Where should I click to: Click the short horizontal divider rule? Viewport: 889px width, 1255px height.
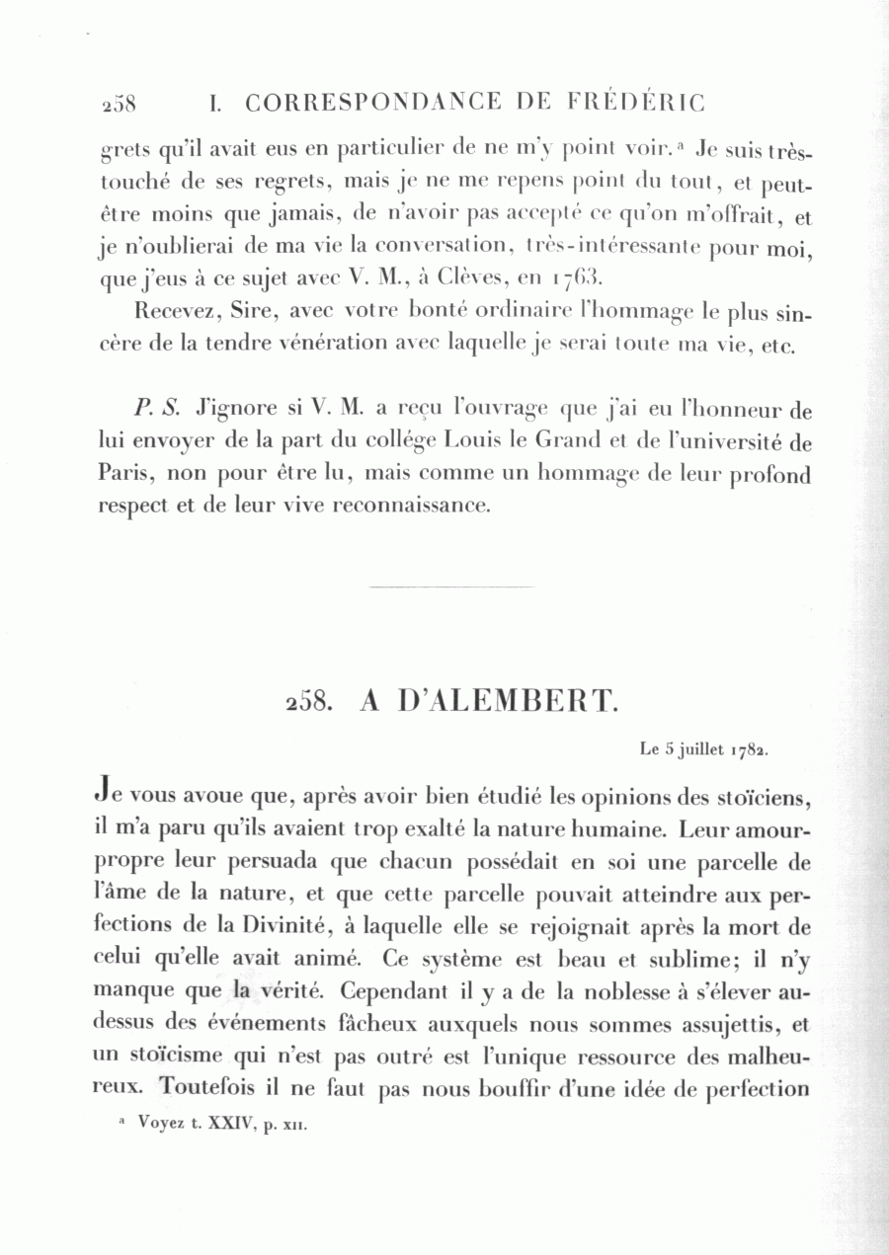tap(450, 587)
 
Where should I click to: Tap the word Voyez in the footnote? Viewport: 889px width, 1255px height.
tap(163, 1123)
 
